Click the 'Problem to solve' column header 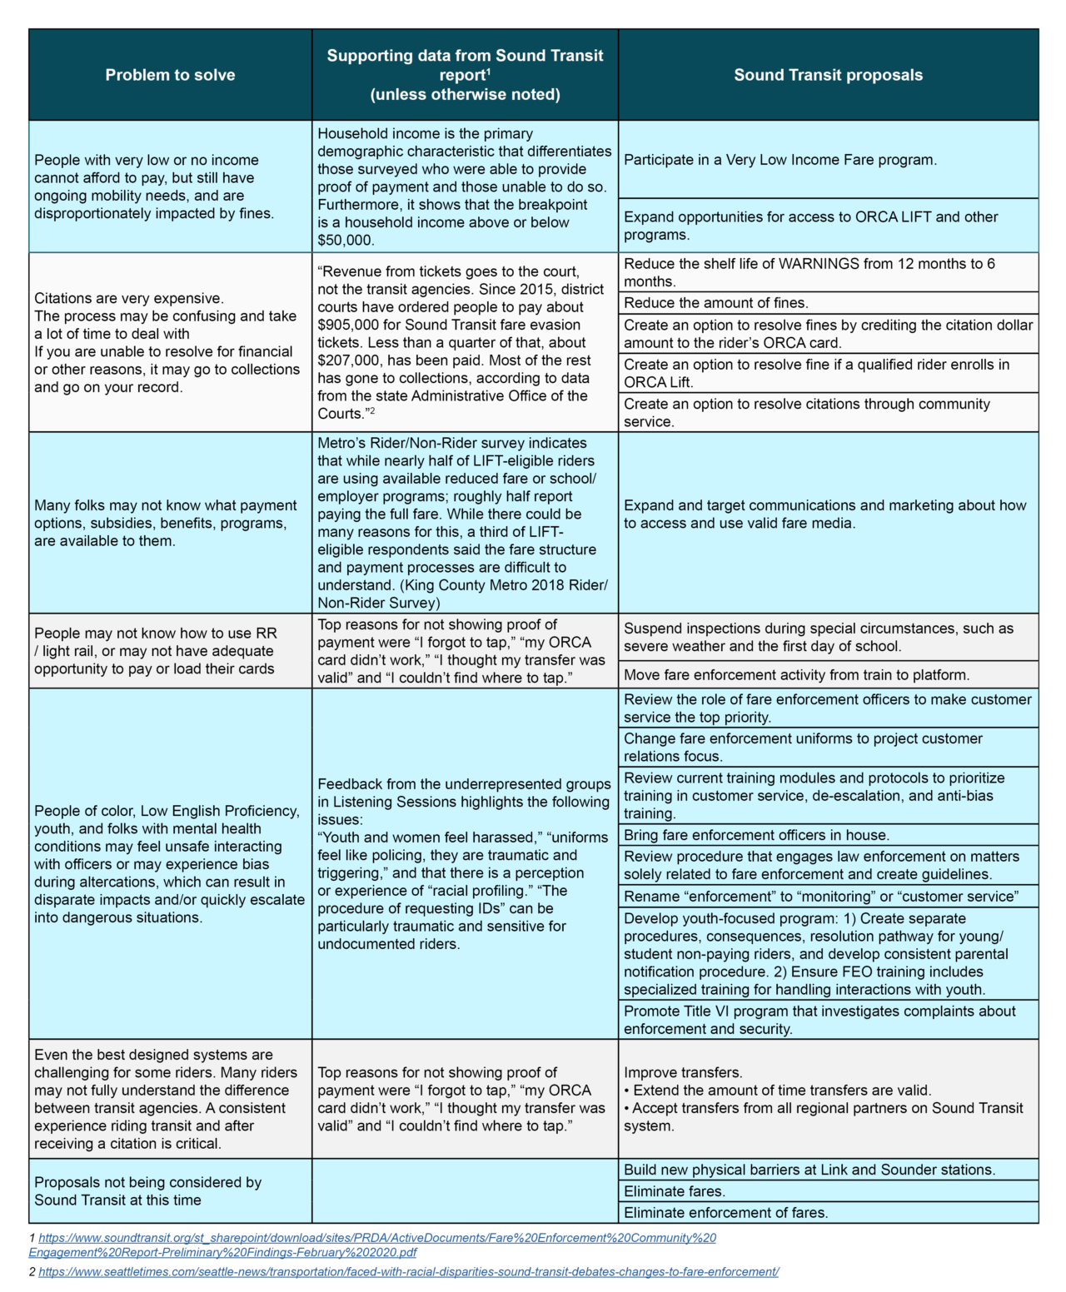coord(170,75)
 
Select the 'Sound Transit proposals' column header coord(828,75)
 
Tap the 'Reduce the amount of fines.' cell coord(716,303)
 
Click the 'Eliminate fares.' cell coord(675,1191)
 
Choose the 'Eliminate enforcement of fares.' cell coord(725,1213)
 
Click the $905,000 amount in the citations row coord(346,325)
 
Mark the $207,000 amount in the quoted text coord(346,360)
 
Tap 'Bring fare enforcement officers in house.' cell coord(756,835)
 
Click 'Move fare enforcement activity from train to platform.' coord(796,675)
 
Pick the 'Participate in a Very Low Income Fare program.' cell coord(780,160)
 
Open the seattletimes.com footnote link coord(408,1272)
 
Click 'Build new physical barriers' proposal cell coord(809,1170)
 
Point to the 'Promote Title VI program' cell coord(819,1020)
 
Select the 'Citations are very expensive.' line coord(128,298)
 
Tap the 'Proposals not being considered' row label coord(147,1191)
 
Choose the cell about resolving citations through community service coord(807,412)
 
